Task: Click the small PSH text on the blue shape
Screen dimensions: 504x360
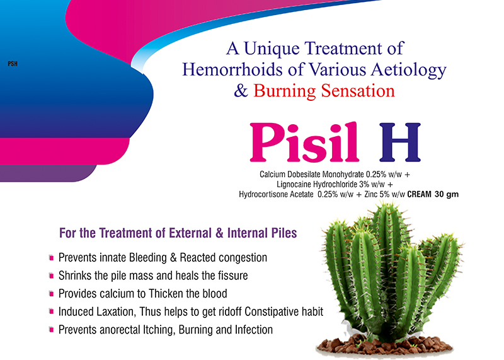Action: (x=13, y=64)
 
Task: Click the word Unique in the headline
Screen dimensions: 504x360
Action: (x=272, y=49)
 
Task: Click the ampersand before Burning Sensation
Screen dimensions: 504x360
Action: (x=241, y=91)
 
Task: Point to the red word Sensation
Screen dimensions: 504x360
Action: (x=358, y=91)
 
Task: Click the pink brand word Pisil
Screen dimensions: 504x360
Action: (x=304, y=142)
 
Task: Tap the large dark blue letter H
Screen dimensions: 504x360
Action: (x=400, y=142)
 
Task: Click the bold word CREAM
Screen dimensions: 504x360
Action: (x=419, y=194)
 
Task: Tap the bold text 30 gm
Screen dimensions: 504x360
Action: (x=447, y=195)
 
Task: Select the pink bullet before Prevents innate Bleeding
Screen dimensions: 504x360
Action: (x=51, y=258)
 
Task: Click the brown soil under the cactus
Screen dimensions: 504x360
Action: (x=384, y=346)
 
